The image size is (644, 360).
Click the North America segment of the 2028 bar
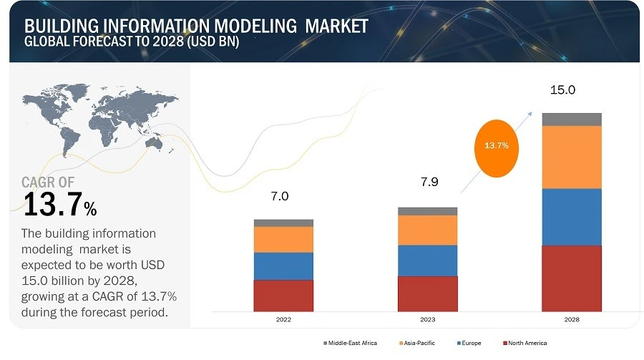click(x=571, y=278)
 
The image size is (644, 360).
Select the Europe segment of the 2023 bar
click(x=427, y=261)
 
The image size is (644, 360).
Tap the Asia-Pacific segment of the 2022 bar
click(x=283, y=239)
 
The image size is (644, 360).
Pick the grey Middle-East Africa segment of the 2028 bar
click(x=571, y=120)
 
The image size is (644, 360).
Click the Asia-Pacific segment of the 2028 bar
click(x=571, y=157)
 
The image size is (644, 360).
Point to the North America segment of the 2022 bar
click(x=283, y=295)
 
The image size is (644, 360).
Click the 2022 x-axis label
click(x=283, y=320)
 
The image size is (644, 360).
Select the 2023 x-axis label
click(x=427, y=320)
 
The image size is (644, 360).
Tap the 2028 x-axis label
click(x=571, y=320)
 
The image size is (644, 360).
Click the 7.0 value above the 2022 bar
click(x=280, y=197)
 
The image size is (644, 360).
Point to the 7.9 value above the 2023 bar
click(x=429, y=183)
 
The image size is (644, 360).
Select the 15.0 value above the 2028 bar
click(x=562, y=90)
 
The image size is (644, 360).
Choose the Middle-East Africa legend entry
click(x=350, y=344)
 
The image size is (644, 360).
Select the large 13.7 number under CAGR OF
click(x=54, y=206)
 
